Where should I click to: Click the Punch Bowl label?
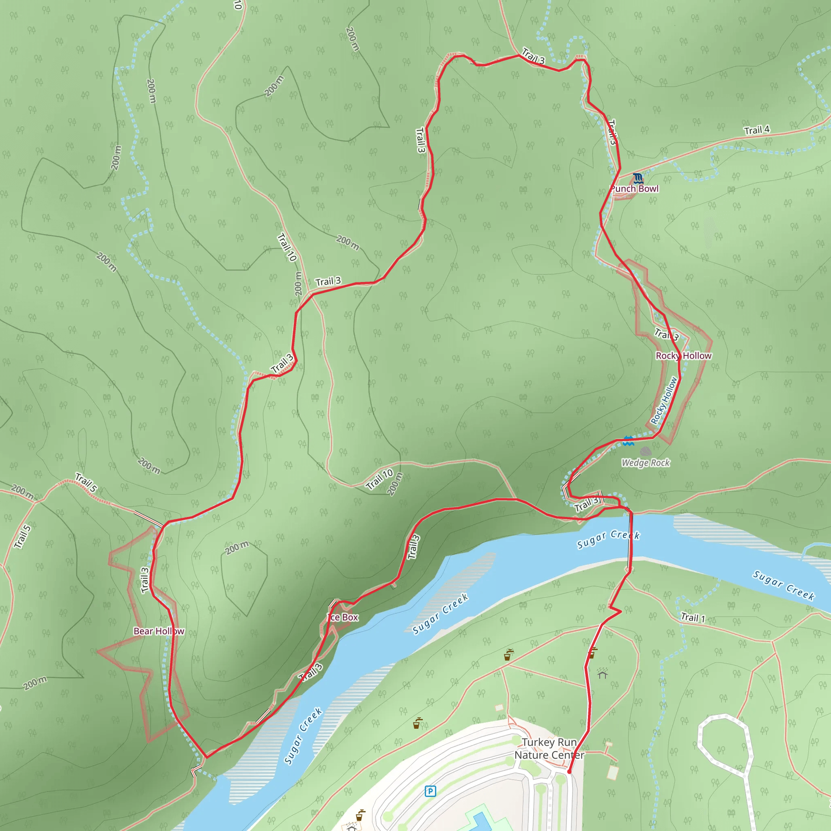pos(635,188)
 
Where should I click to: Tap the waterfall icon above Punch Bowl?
pos(638,178)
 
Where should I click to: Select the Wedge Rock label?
pos(645,463)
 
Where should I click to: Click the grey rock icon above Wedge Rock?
pos(645,451)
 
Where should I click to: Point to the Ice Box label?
pos(343,617)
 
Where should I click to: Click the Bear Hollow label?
pos(159,631)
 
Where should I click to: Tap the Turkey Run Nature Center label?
pos(549,748)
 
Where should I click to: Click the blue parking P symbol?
pos(430,791)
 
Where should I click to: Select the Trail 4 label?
pos(757,130)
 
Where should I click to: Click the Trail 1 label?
pos(693,618)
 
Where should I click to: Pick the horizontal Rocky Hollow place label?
pos(683,356)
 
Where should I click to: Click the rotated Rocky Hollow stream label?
pos(664,400)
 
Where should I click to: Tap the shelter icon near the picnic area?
pos(602,673)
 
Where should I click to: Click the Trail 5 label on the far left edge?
pos(22,536)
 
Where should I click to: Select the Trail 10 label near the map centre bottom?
pos(379,479)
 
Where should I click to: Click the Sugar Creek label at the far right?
pos(783,586)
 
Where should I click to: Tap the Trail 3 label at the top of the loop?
pos(533,56)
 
